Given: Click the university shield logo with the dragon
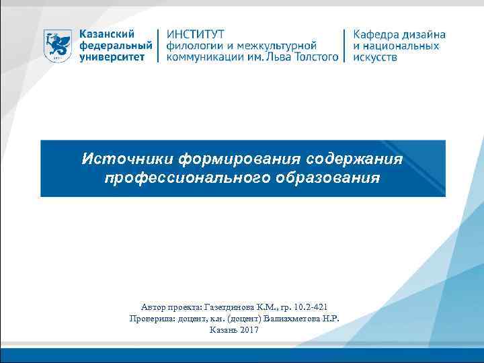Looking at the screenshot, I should pyautogui.click(x=58, y=45).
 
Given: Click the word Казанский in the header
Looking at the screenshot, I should pyautogui.click(x=106, y=34).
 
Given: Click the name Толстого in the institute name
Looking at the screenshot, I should pyautogui.click(x=313, y=57).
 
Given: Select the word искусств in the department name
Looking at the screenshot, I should pyautogui.click(x=375, y=57).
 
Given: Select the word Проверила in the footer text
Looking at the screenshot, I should pyautogui.click(x=151, y=318).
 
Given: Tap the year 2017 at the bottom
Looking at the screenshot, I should pyautogui.click(x=248, y=330).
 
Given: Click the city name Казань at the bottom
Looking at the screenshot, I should pyautogui.click(x=223, y=330).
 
